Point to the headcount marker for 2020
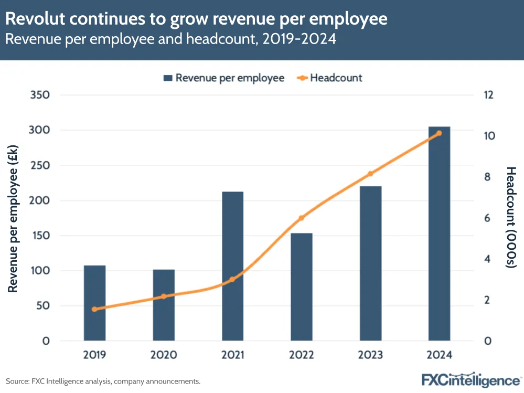pos(163,296)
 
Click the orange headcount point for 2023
pos(370,174)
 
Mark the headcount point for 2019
pos(94,309)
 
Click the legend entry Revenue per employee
pos(224,78)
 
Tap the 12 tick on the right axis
pos(489,95)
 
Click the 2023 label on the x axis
pos(370,355)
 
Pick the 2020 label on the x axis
pos(163,355)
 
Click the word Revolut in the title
pos(36,19)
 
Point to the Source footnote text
pos(103,381)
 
